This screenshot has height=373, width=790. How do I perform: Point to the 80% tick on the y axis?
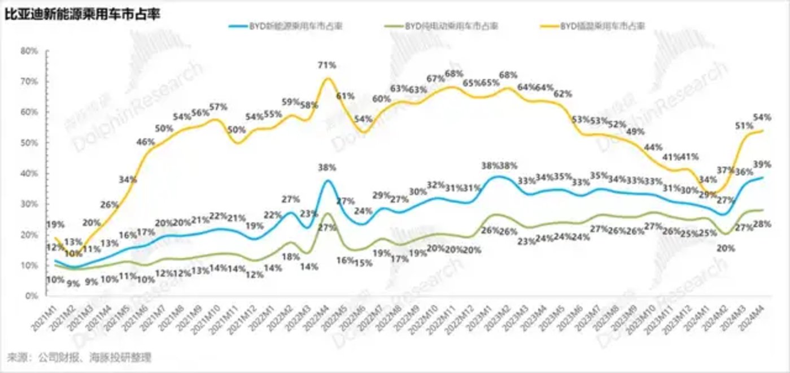click(x=29, y=51)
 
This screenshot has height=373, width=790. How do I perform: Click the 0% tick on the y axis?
click(x=31, y=296)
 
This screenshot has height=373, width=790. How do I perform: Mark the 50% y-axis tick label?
click(x=29, y=142)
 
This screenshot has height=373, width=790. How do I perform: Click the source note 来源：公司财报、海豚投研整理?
click(x=79, y=357)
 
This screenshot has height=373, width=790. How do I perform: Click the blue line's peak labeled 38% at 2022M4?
click(x=328, y=180)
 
